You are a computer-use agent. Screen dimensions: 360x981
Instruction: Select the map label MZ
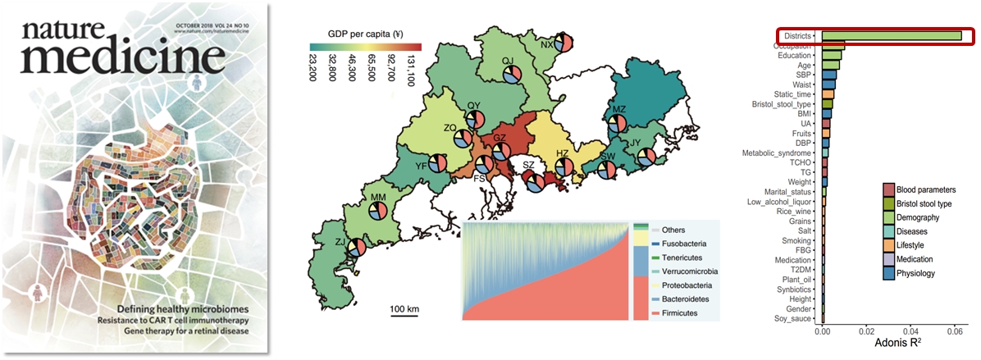(619, 109)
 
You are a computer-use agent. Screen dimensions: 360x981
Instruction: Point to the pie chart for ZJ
(357, 248)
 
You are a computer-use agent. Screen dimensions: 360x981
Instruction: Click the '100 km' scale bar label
(404, 308)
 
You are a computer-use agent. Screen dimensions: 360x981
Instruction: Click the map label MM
(378, 198)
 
